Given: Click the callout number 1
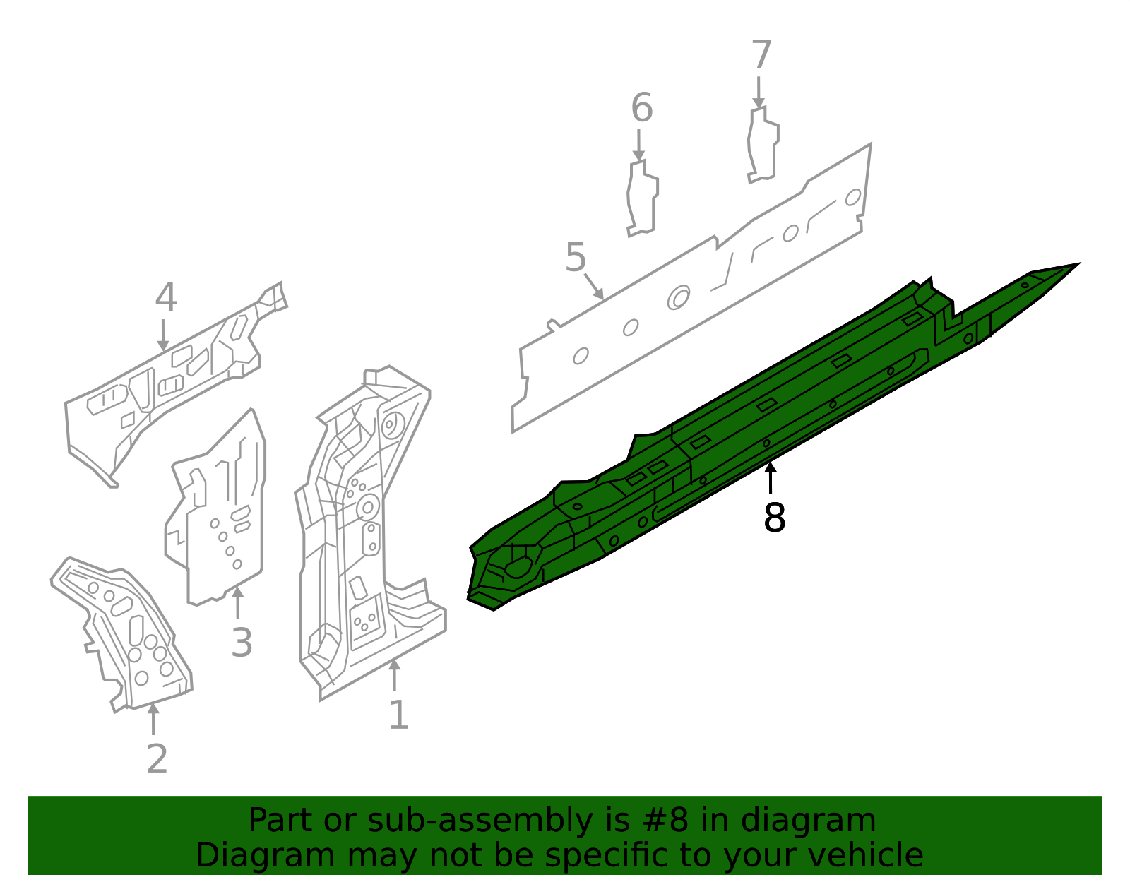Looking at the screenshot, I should click(398, 715).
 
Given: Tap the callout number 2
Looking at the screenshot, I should click(157, 759).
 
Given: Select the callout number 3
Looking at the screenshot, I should click(242, 643).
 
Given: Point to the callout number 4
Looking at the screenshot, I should click(165, 298).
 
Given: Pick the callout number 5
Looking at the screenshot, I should click(576, 258).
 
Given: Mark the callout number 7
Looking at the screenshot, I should click(761, 55).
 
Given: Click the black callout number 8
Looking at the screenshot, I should click(774, 518).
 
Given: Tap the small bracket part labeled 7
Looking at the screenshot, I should click(763, 145).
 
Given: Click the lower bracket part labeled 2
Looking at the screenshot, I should click(127, 628).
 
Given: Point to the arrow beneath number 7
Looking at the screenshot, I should click(759, 93).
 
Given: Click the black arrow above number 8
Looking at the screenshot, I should click(771, 477).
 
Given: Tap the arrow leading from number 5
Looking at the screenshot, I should click(593, 287).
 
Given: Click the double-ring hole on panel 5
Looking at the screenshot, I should click(679, 297).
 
